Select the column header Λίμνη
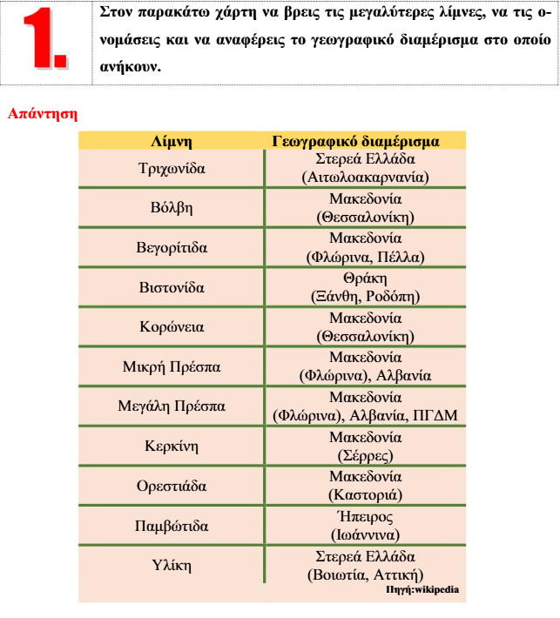coord(172,140)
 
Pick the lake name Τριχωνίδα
coord(172,168)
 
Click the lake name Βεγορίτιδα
coord(173,247)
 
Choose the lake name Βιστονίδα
coord(172,287)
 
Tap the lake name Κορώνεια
coord(172,327)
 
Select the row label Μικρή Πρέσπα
coord(172,366)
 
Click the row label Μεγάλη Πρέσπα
coord(172,406)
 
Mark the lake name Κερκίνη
coord(172,447)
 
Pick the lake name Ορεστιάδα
coord(172,487)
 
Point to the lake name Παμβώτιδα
coord(172,526)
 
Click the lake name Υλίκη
coord(172,566)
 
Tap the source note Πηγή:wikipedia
coord(422,589)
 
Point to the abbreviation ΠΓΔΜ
coord(437,415)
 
